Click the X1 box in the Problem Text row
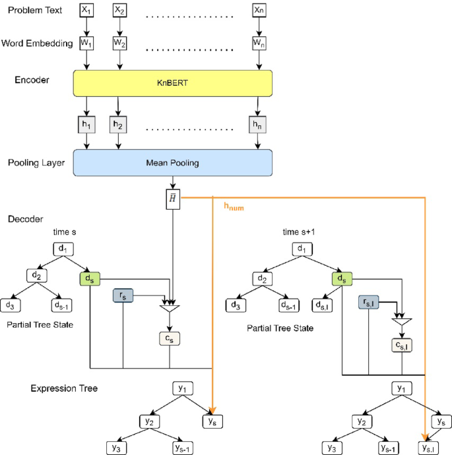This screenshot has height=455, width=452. click(x=87, y=11)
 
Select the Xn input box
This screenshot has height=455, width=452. click(x=259, y=11)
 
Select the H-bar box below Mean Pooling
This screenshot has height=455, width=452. click(x=173, y=199)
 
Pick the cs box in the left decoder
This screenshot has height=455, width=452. click(x=170, y=338)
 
